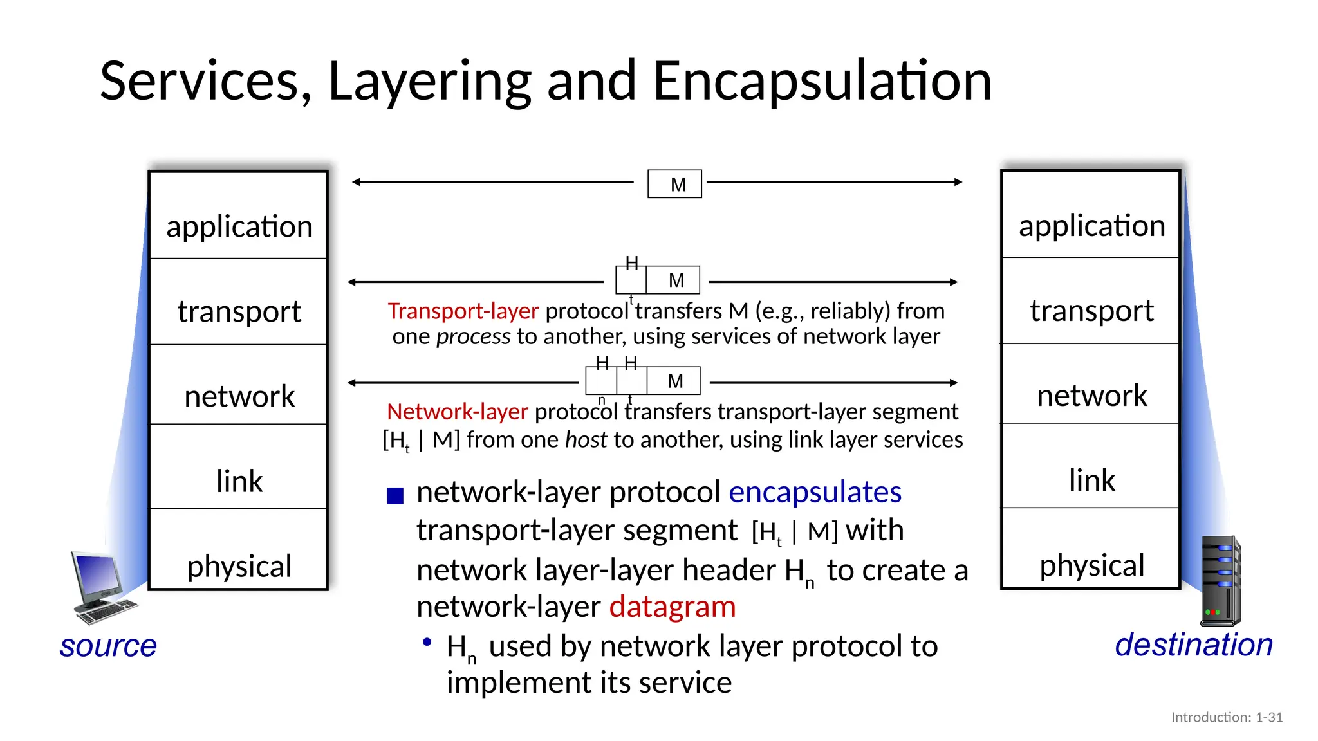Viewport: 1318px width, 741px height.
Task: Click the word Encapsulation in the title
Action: [822, 81]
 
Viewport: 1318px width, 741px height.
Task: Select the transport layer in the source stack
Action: [239, 311]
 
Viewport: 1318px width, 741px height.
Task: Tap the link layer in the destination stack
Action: [1091, 480]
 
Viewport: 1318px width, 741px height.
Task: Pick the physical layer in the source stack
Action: [239, 566]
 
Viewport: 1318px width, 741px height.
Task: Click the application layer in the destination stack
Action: [1091, 225]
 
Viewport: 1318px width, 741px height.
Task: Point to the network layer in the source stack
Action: [239, 396]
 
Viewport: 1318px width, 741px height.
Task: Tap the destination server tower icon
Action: [1220, 581]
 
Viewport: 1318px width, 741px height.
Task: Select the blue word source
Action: [108, 645]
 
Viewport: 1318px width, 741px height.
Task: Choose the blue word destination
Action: [1194, 645]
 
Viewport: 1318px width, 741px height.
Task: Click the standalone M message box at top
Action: [674, 184]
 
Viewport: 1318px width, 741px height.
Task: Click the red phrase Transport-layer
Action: [463, 311]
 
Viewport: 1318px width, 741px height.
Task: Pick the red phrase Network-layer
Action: [457, 412]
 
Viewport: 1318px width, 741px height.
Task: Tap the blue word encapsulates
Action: [815, 492]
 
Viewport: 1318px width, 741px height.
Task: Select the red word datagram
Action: [673, 607]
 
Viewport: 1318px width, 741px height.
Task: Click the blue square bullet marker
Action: [395, 495]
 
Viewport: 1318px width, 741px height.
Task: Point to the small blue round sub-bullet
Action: [426, 642]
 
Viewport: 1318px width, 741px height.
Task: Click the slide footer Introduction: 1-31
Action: [1227, 717]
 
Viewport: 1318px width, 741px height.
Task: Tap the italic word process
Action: [473, 336]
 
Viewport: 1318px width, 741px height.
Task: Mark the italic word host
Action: [586, 440]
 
